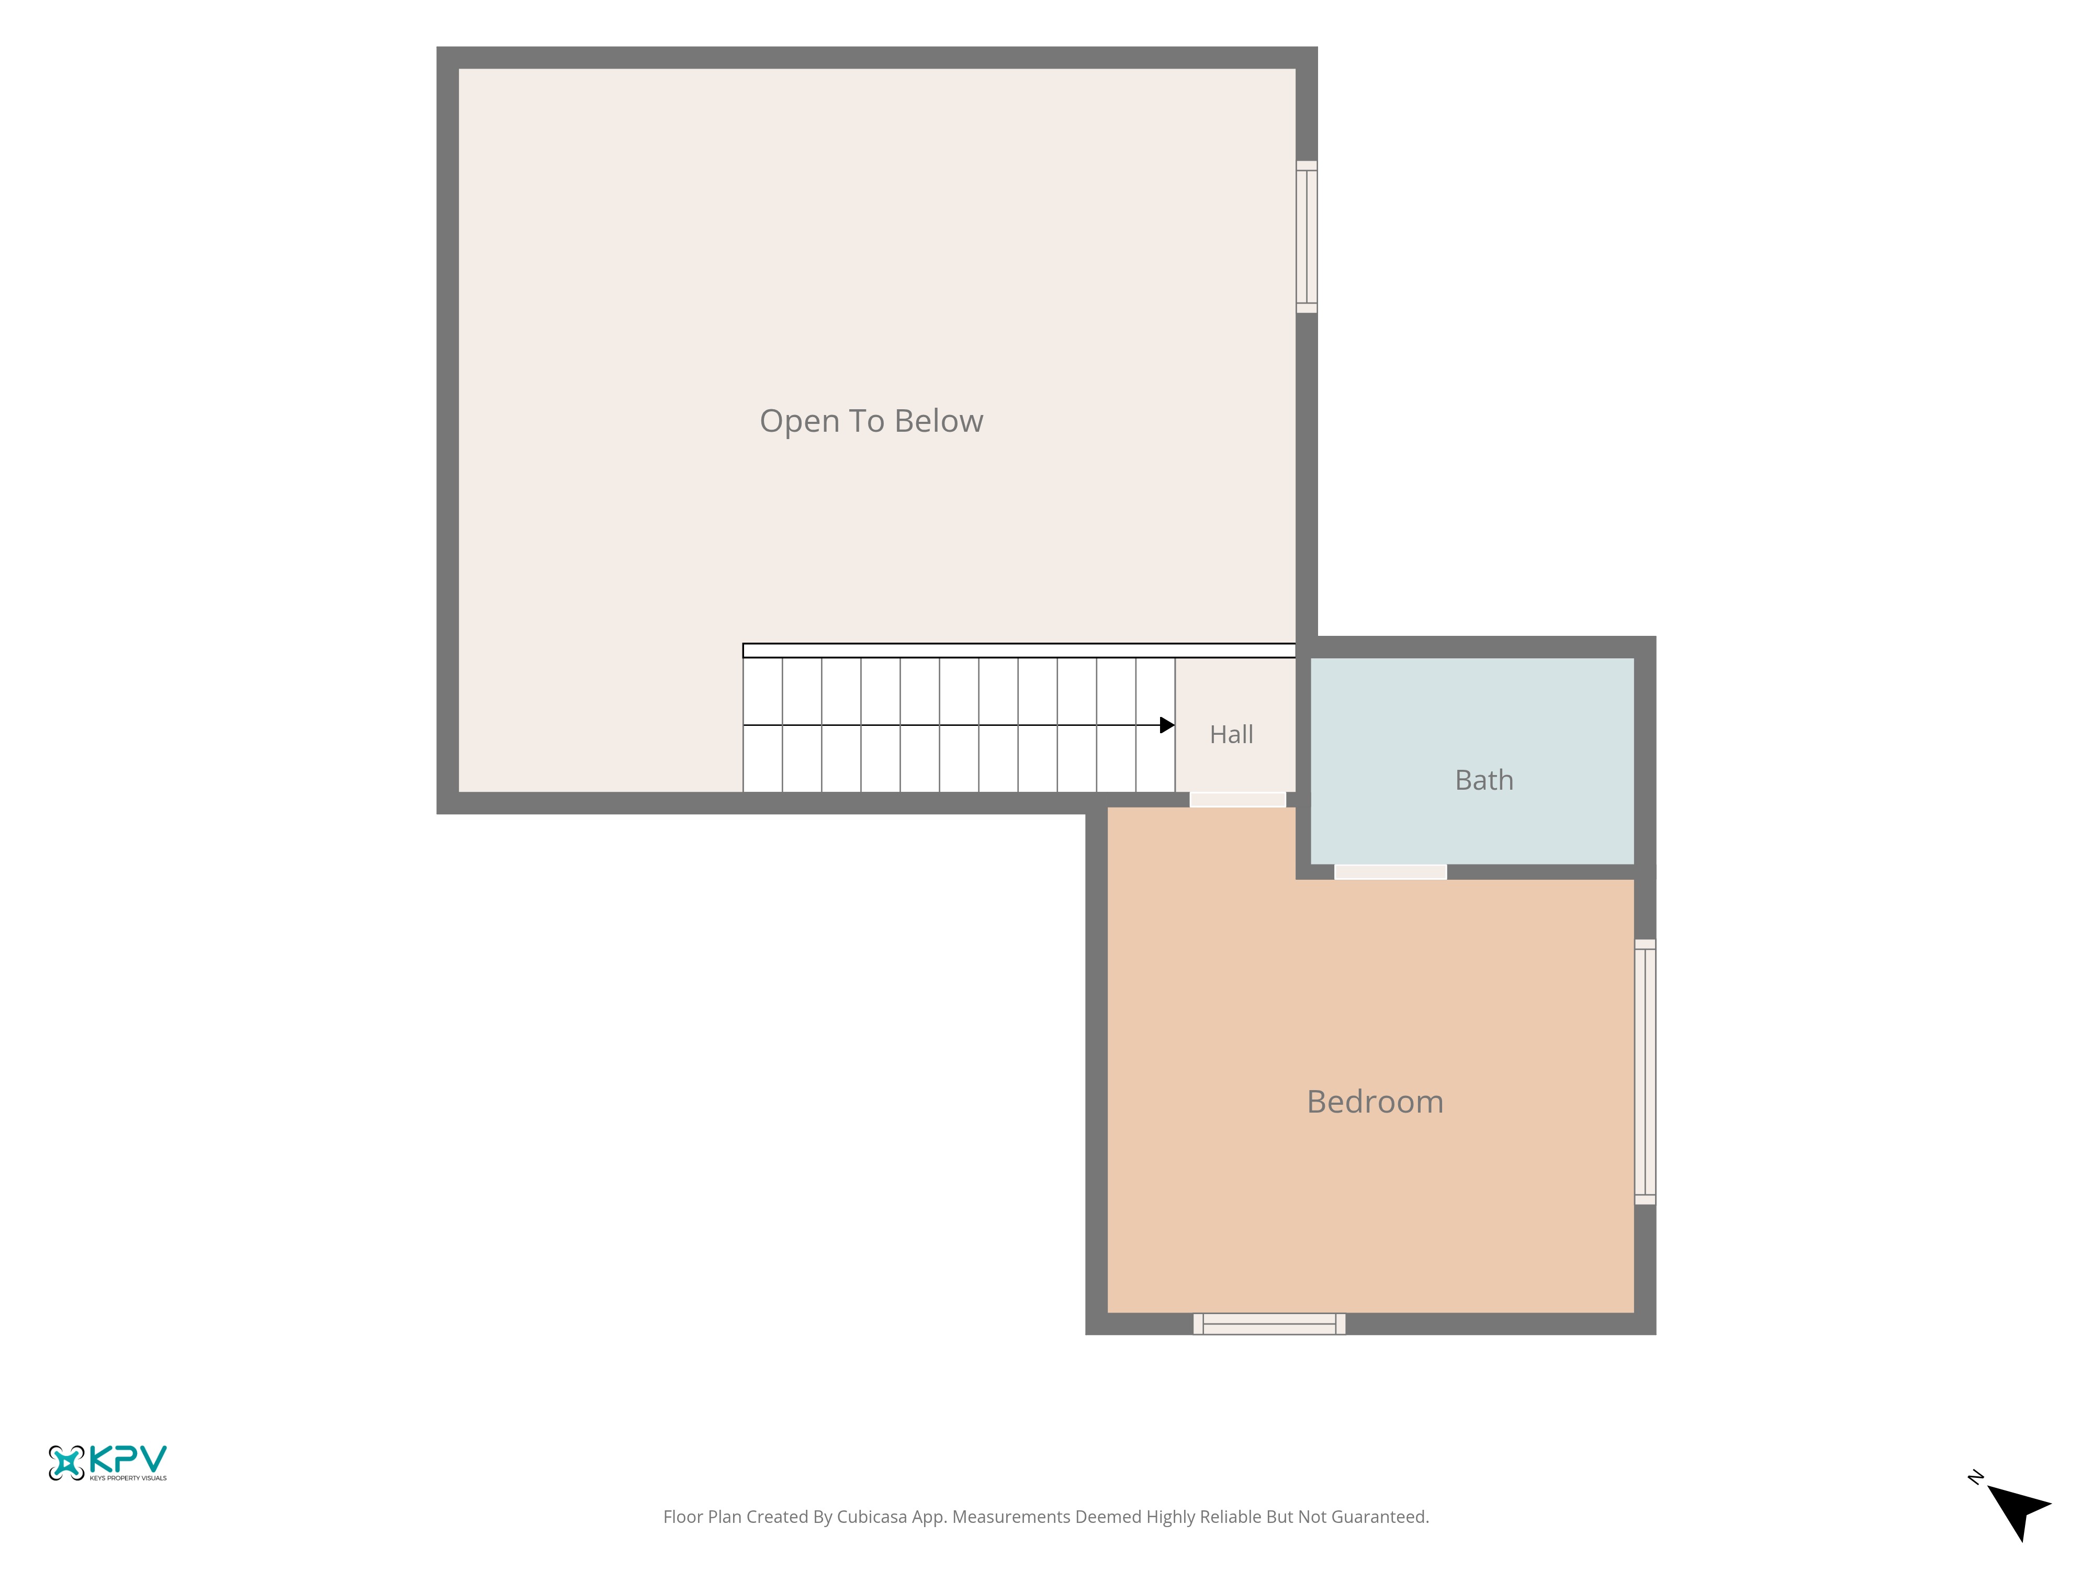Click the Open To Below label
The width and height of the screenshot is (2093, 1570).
(x=871, y=421)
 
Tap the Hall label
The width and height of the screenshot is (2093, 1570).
(x=1231, y=734)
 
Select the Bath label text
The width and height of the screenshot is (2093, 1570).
(x=1483, y=780)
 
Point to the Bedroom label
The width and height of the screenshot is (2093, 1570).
(x=1375, y=1102)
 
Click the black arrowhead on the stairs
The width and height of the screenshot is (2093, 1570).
(x=1167, y=725)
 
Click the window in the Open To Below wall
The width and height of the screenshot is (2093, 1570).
(x=1307, y=237)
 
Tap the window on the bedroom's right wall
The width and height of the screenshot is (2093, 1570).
(x=1646, y=1072)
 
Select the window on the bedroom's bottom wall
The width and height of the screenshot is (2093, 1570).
(x=1269, y=1324)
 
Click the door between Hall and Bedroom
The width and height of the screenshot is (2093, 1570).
(x=1237, y=800)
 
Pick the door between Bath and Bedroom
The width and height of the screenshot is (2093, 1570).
(x=1390, y=871)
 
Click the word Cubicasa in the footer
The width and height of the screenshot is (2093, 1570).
(x=871, y=1517)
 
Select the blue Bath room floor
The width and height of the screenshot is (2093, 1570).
(x=1471, y=761)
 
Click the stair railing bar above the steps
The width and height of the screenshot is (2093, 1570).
(x=1019, y=650)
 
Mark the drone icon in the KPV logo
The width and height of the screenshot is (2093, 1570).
(x=66, y=1463)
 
